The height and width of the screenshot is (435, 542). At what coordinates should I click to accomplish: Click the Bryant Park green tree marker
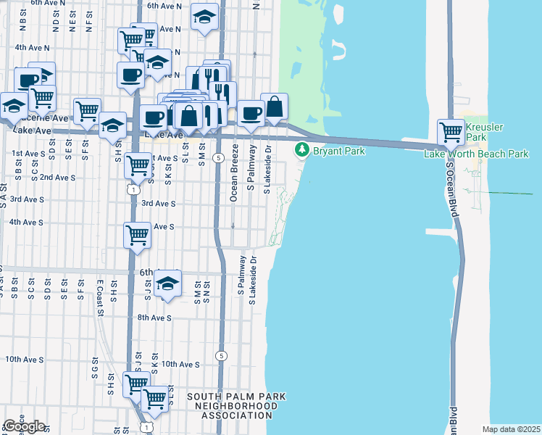point(301,151)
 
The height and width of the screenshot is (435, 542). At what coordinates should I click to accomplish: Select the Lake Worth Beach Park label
point(476,154)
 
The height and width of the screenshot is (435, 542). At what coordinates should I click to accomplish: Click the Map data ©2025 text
point(511,429)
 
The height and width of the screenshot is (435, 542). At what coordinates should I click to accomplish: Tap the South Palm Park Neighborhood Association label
point(236,406)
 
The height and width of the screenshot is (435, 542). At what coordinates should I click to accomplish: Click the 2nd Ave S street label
point(58,177)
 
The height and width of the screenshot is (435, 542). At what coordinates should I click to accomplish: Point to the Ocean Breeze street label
point(234,172)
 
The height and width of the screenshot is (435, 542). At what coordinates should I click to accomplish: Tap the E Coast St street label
point(99,297)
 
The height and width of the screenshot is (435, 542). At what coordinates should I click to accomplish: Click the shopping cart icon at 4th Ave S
point(137,236)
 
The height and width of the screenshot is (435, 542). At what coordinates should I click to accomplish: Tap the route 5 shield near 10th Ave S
point(220,355)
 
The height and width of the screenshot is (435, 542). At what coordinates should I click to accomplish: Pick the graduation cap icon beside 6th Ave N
point(205,17)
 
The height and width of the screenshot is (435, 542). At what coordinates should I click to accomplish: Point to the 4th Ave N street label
point(31,48)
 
